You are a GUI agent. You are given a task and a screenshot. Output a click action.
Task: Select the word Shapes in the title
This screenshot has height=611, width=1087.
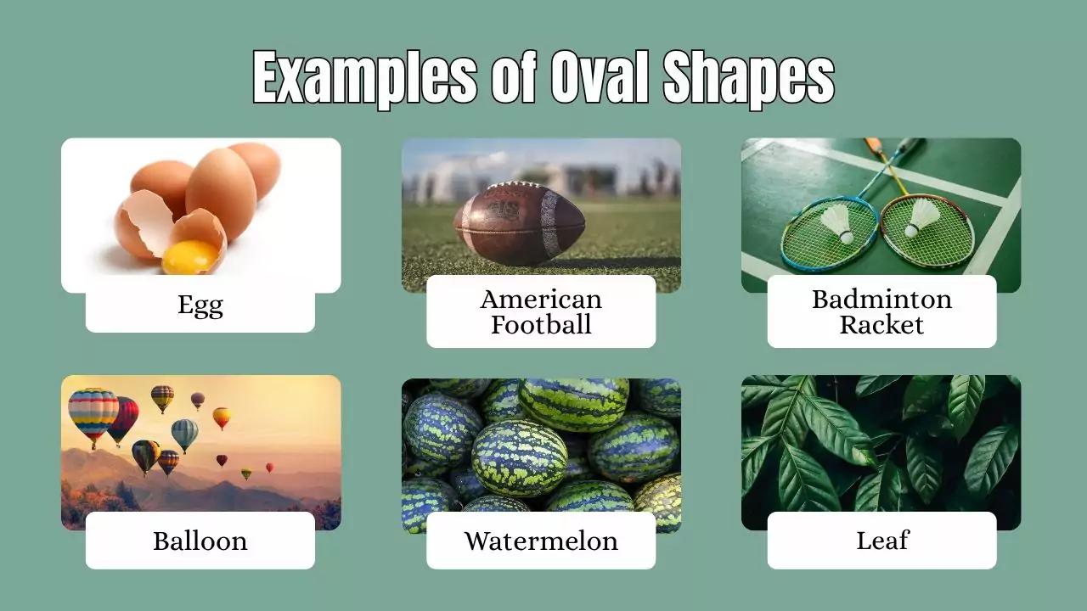tap(748, 79)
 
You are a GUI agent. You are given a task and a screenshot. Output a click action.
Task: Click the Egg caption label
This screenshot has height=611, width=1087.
tap(200, 305)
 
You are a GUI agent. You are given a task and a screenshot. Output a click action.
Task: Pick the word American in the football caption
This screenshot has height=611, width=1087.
tap(541, 299)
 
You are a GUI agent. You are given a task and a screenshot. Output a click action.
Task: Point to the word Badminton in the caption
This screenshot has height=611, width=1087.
tap(881, 299)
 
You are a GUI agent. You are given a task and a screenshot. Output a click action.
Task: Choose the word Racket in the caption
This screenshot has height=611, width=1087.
tap(881, 324)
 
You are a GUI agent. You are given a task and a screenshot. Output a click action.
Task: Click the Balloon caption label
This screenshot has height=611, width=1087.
tap(200, 541)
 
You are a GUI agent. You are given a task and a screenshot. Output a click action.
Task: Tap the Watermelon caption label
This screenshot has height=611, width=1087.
tap(541, 541)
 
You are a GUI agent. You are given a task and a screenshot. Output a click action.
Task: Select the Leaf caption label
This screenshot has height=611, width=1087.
tap(881, 541)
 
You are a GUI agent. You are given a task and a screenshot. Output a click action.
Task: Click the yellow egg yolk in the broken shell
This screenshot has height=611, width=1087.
tap(190, 256)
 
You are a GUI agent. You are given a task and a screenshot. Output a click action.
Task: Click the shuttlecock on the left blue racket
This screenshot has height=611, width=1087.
tap(838, 222)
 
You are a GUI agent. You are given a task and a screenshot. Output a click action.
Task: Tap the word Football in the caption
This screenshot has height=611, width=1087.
tap(541, 324)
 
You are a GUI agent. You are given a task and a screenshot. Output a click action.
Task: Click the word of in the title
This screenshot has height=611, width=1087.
tap(514, 79)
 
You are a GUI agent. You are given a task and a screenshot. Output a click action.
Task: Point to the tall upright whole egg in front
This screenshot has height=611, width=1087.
tap(221, 193)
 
